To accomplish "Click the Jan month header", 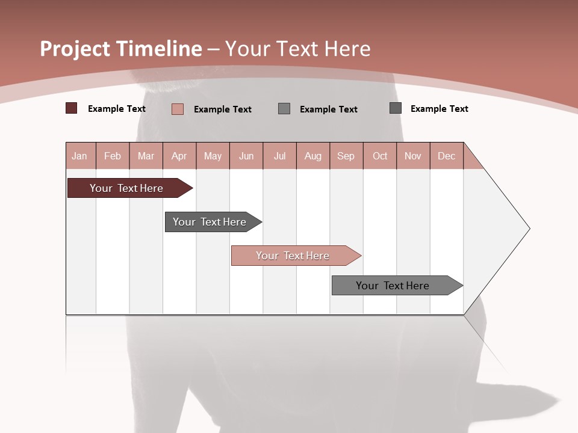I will pyautogui.click(x=79, y=156).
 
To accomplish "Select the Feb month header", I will pyautogui.click(x=113, y=156).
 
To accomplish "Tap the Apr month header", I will pyautogui.click(x=179, y=156).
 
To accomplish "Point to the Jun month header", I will pyautogui.click(x=246, y=156).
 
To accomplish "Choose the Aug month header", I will pyautogui.click(x=312, y=156).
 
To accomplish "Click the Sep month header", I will pyautogui.click(x=346, y=156).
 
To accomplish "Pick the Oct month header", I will pyautogui.click(x=380, y=156).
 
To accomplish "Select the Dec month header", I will pyautogui.click(x=446, y=156).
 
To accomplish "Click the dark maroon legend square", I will pyautogui.click(x=71, y=108).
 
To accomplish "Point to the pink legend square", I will pyautogui.click(x=178, y=109).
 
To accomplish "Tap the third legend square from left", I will pyautogui.click(x=284, y=108).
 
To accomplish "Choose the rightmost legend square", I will pyautogui.click(x=396, y=108).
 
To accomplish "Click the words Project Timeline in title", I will pyautogui.click(x=120, y=49).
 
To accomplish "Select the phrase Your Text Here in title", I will pyautogui.click(x=297, y=49).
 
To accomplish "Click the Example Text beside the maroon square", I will pyautogui.click(x=117, y=109).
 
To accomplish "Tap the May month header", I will pyautogui.click(x=213, y=156).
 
